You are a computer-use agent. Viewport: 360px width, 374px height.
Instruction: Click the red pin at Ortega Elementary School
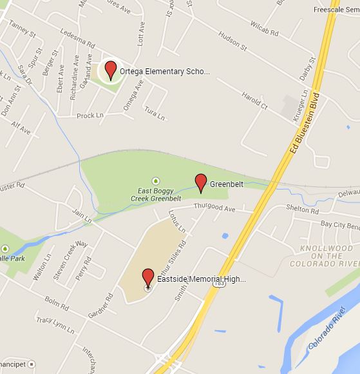pyautogui.click(x=110, y=70)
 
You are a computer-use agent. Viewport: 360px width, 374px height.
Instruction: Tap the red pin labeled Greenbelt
pyautogui.click(x=201, y=182)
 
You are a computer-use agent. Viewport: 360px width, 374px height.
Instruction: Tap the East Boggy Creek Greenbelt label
pyautogui.click(x=154, y=194)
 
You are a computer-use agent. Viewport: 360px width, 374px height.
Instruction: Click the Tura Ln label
pyautogui.click(x=155, y=113)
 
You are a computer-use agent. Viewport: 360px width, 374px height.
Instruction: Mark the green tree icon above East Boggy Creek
pyautogui.click(x=154, y=180)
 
